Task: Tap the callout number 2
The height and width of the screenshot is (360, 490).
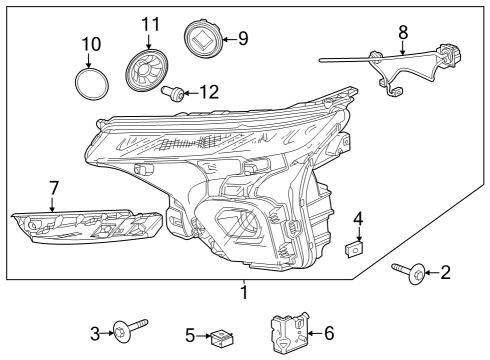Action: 446,271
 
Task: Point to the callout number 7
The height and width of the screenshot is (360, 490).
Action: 54,187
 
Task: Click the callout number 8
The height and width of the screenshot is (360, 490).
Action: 402,33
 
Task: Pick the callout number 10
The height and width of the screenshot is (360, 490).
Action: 90,45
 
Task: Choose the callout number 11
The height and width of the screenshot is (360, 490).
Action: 150,23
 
